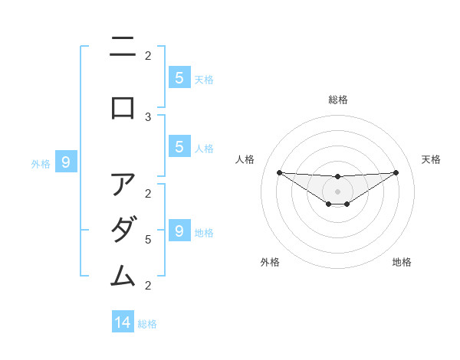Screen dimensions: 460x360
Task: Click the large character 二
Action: tap(123, 48)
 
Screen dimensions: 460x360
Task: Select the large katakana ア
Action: tap(123, 185)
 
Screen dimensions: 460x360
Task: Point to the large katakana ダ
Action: tap(123, 229)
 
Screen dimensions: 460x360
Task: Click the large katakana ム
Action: tap(123, 274)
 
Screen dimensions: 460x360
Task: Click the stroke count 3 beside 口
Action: tap(148, 116)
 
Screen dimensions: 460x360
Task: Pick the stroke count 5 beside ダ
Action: tap(148, 240)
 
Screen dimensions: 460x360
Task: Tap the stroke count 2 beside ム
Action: tap(148, 286)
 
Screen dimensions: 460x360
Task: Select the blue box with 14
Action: tap(123, 322)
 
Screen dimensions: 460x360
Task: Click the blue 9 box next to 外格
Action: tap(66, 162)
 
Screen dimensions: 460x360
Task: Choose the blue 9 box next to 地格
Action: tap(179, 231)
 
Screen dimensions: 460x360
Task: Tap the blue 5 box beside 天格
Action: tap(179, 77)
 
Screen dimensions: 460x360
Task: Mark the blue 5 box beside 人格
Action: tap(179, 147)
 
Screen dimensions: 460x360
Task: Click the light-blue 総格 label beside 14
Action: tap(147, 324)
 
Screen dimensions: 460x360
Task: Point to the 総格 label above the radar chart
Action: tap(338, 100)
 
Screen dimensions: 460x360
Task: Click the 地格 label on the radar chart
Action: tap(402, 262)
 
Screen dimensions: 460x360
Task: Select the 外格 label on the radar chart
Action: tap(270, 262)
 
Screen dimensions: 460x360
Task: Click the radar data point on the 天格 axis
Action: tap(396, 172)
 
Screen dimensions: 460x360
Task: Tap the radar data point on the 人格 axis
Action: tap(279, 172)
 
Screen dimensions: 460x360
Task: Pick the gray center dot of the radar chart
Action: tap(338, 191)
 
